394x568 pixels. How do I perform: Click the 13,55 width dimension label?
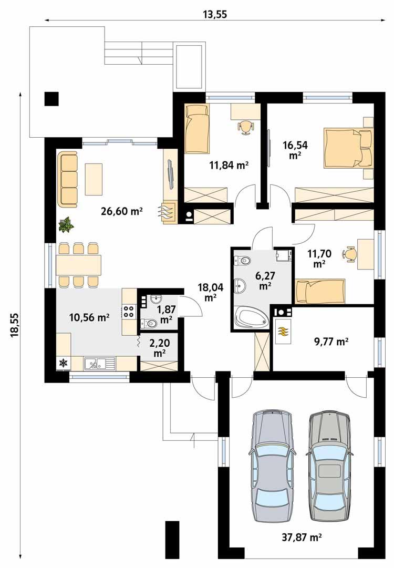click(x=214, y=14)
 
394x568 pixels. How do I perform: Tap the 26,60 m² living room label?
click(x=122, y=211)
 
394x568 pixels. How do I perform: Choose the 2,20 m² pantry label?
click(x=160, y=348)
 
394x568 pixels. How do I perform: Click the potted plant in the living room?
click(x=66, y=225)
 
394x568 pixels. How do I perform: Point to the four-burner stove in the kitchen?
click(x=129, y=311)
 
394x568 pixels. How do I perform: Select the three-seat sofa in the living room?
click(x=67, y=179)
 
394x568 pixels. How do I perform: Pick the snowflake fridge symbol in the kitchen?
click(x=63, y=363)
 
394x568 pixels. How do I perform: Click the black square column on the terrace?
click(x=51, y=98)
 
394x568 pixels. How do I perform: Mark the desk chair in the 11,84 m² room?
click(x=245, y=126)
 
